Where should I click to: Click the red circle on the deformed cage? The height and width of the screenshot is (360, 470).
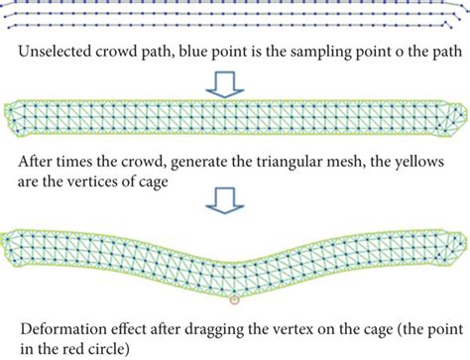pos(234,298)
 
